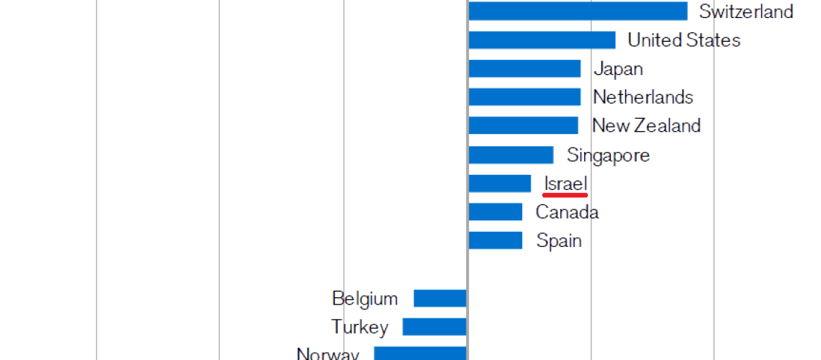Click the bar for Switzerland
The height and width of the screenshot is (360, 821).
pyautogui.click(x=578, y=12)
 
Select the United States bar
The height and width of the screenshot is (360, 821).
pyautogui.click(x=542, y=40)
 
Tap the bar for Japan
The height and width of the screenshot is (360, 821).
pyautogui.click(x=524, y=68)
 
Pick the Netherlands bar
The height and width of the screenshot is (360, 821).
pyautogui.click(x=524, y=97)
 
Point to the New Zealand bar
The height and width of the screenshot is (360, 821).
pyautogui.click(x=523, y=126)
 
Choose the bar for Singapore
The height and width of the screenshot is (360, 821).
pyautogui.click(x=511, y=155)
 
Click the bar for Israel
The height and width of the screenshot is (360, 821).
pyautogui.click(x=499, y=184)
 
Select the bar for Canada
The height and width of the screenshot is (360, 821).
pyautogui.click(x=495, y=212)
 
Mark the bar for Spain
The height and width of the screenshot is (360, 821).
pyautogui.click(x=495, y=240)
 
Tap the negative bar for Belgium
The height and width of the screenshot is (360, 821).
pyautogui.click(x=440, y=298)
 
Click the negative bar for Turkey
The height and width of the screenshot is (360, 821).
pyautogui.click(x=434, y=327)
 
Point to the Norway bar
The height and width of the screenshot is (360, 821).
pyautogui.click(x=421, y=354)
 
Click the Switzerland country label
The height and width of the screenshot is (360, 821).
pyautogui.click(x=746, y=12)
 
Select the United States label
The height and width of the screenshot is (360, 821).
pyautogui.click(x=683, y=40)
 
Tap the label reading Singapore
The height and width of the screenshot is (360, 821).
pyautogui.click(x=608, y=155)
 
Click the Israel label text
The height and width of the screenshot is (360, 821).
pyautogui.click(x=566, y=183)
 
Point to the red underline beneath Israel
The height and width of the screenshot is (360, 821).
pyautogui.click(x=565, y=194)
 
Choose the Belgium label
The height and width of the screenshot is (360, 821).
pyautogui.click(x=364, y=298)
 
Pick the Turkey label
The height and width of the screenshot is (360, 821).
pyautogui.click(x=359, y=327)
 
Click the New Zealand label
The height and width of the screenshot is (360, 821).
pyautogui.click(x=646, y=126)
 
